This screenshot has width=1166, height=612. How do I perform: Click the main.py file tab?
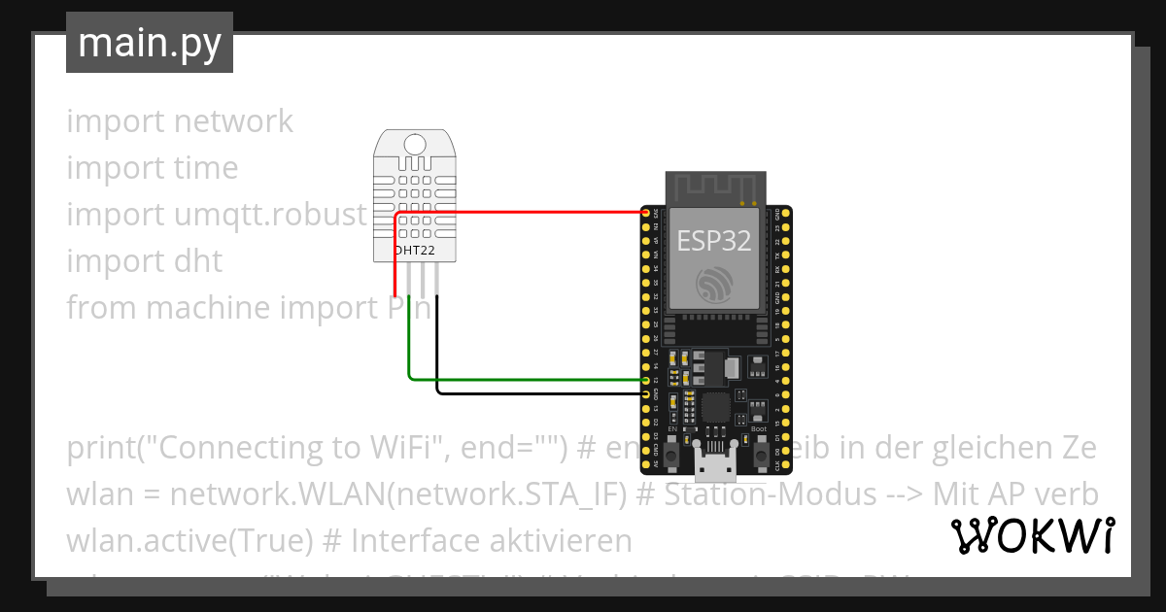coord(149,43)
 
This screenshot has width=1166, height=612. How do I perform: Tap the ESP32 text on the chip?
coord(714,240)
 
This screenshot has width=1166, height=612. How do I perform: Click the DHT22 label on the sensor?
coord(415,251)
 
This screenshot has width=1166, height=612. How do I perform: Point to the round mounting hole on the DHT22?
coord(415,145)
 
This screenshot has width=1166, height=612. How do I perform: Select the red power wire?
coord(525,212)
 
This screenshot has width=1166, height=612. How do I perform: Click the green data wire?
coord(525,379)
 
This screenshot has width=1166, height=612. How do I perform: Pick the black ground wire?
coord(534,393)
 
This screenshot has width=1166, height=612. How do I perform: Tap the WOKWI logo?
coord(1033,535)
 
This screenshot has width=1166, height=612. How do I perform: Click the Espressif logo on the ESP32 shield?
coord(715,285)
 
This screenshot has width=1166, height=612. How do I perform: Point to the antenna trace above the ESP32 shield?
coord(715,187)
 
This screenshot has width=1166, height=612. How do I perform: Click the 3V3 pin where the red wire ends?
coord(645,212)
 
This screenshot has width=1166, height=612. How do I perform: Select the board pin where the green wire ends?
coord(645,380)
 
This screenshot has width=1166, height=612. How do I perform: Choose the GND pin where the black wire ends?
coord(645,393)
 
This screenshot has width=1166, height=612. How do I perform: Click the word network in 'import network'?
coord(233,121)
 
